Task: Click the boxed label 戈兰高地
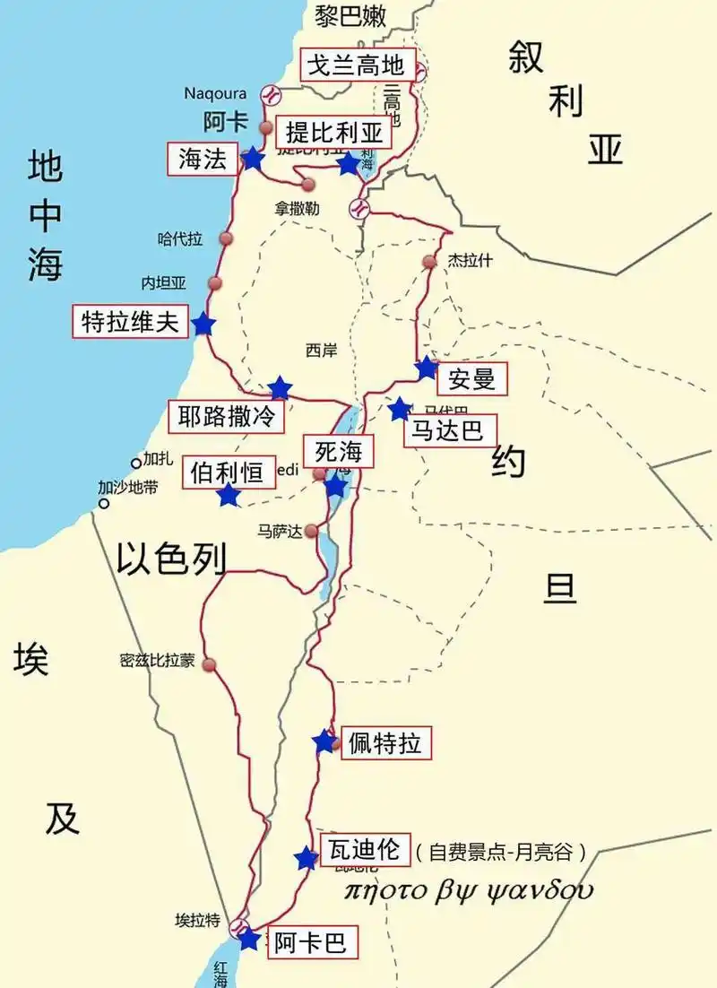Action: click(x=357, y=65)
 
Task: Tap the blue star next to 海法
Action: click(x=253, y=160)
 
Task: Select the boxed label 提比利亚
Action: click(x=334, y=134)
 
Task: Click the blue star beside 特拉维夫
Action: click(x=203, y=325)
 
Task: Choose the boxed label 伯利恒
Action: click(x=228, y=472)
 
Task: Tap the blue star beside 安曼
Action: click(x=427, y=368)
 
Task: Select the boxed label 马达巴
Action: click(x=448, y=431)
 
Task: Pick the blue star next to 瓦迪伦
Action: click(x=307, y=858)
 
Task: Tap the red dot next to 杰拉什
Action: click(x=429, y=262)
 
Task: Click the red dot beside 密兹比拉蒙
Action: click(x=210, y=664)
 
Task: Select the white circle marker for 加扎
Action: click(x=136, y=463)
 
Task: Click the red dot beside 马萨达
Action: click(x=311, y=531)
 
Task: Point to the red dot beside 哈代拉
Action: click(x=226, y=238)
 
